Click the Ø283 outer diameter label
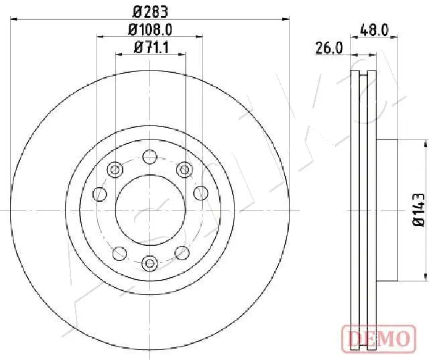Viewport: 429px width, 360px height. pyautogui.click(x=150, y=12)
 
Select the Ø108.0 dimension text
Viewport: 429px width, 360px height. pyautogui.click(x=150, y=29)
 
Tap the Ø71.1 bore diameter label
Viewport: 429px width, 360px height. pyautogui.click(x=151, y=48)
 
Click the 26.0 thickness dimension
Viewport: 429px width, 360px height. pyautogui.click(x=329, y=48)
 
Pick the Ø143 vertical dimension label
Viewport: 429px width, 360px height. pyautogui.click(x=418, y=210)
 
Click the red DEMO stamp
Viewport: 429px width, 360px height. pyautogui.click(x=379, y=338)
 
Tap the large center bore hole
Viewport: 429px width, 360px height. pyautogui.click(x=150, y=210)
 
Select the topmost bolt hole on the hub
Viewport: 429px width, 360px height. pyautogui.click(x=150, y=157)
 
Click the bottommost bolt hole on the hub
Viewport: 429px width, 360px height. pyautogui.click(x=150, y=263)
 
